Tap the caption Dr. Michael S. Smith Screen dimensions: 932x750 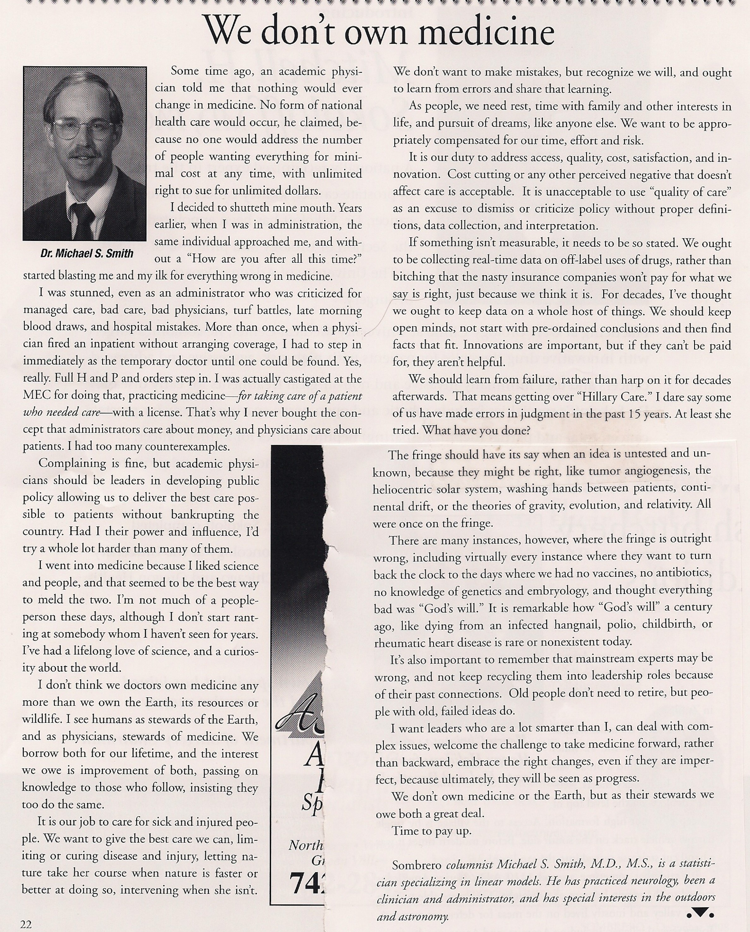coord(87,253)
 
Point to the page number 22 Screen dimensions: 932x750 coord(26,924)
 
